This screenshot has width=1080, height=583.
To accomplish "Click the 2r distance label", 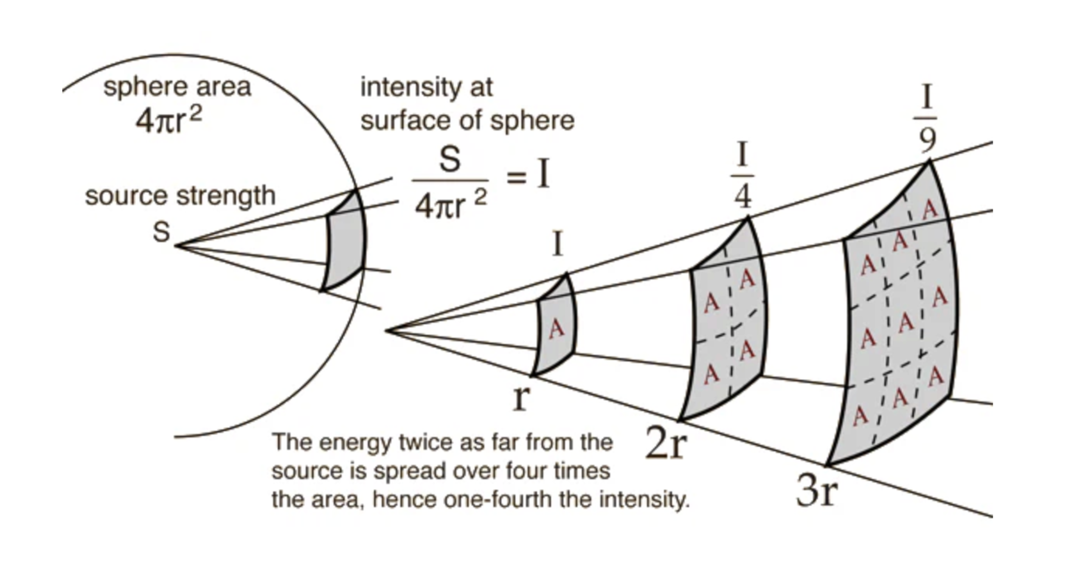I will (x=666, y=444).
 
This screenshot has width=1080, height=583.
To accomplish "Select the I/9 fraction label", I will (x=927, y=118).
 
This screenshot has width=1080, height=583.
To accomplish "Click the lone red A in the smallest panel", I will (x=556, y=328).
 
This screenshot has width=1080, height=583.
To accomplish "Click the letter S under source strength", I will (x=161, y=232).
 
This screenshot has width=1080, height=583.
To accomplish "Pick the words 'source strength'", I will (x=180, y=195).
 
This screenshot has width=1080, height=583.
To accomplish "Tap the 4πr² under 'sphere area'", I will (x=168, y=120).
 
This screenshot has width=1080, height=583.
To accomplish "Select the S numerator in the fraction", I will (x=450, y=160).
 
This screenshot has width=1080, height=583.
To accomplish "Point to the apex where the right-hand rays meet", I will (x=387, y=330).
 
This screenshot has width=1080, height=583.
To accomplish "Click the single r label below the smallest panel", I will (x=521, y=398).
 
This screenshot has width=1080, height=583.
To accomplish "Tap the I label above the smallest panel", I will (x=558, y=244).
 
